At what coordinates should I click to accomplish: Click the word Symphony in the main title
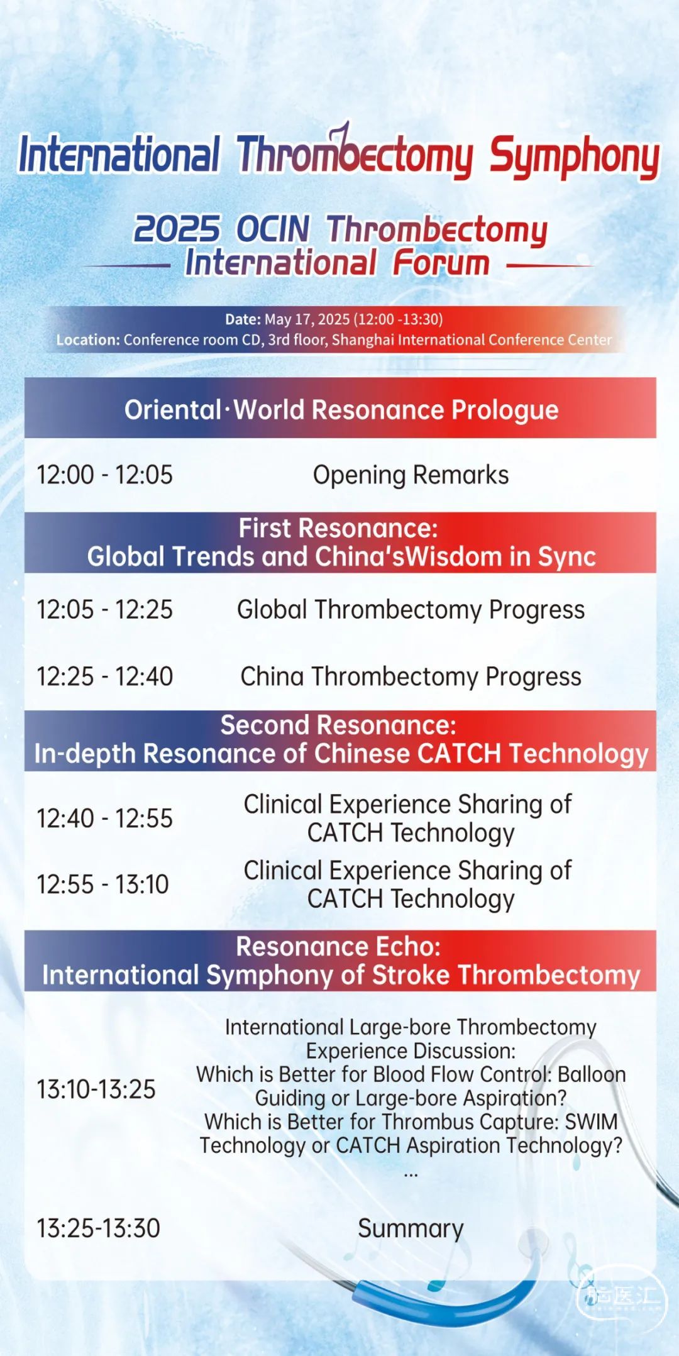(x=575, y=157)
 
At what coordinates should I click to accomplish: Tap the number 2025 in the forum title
(x=177, y=229)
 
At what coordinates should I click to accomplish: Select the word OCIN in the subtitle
(x=273, y=229)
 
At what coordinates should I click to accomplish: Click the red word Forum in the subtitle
(x=441, y=263)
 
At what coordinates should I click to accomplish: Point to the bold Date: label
(x=243, y=319)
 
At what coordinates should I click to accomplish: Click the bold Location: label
(x=88, y=340)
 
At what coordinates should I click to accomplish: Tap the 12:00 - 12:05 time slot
(x=104, y=475)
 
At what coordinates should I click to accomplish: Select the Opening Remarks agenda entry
(x=411, y=475)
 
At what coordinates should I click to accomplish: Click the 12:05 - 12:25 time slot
(x=104, y=610)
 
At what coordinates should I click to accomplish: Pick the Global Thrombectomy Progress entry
(x=411, y=610)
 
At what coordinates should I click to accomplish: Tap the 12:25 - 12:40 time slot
(x=104, y=677)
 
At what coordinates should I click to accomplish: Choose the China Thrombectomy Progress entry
(x=411, y=677)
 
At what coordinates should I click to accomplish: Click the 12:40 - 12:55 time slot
(x=104, y=819)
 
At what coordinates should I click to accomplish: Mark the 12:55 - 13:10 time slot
(x=102, y=885)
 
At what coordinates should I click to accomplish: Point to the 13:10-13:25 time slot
(x=96, y=1089)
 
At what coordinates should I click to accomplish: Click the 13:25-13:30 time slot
(x=98, y=1228)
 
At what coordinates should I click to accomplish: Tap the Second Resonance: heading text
(x=338, y=725)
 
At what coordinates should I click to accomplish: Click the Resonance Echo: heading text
(x=338, y=947)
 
